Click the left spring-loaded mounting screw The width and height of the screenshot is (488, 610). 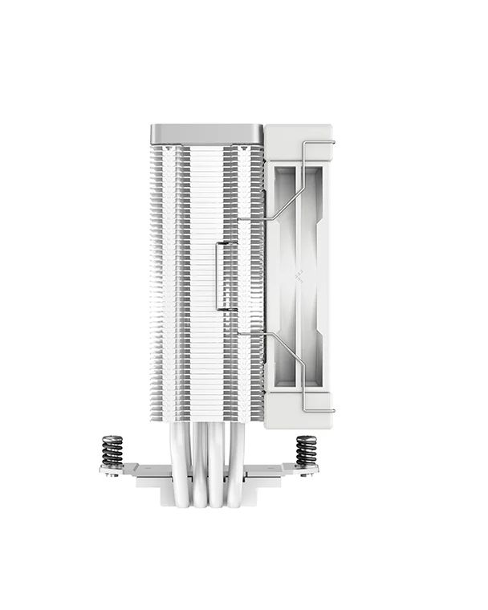(112, 450)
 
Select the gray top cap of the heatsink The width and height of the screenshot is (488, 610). (207, 132)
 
